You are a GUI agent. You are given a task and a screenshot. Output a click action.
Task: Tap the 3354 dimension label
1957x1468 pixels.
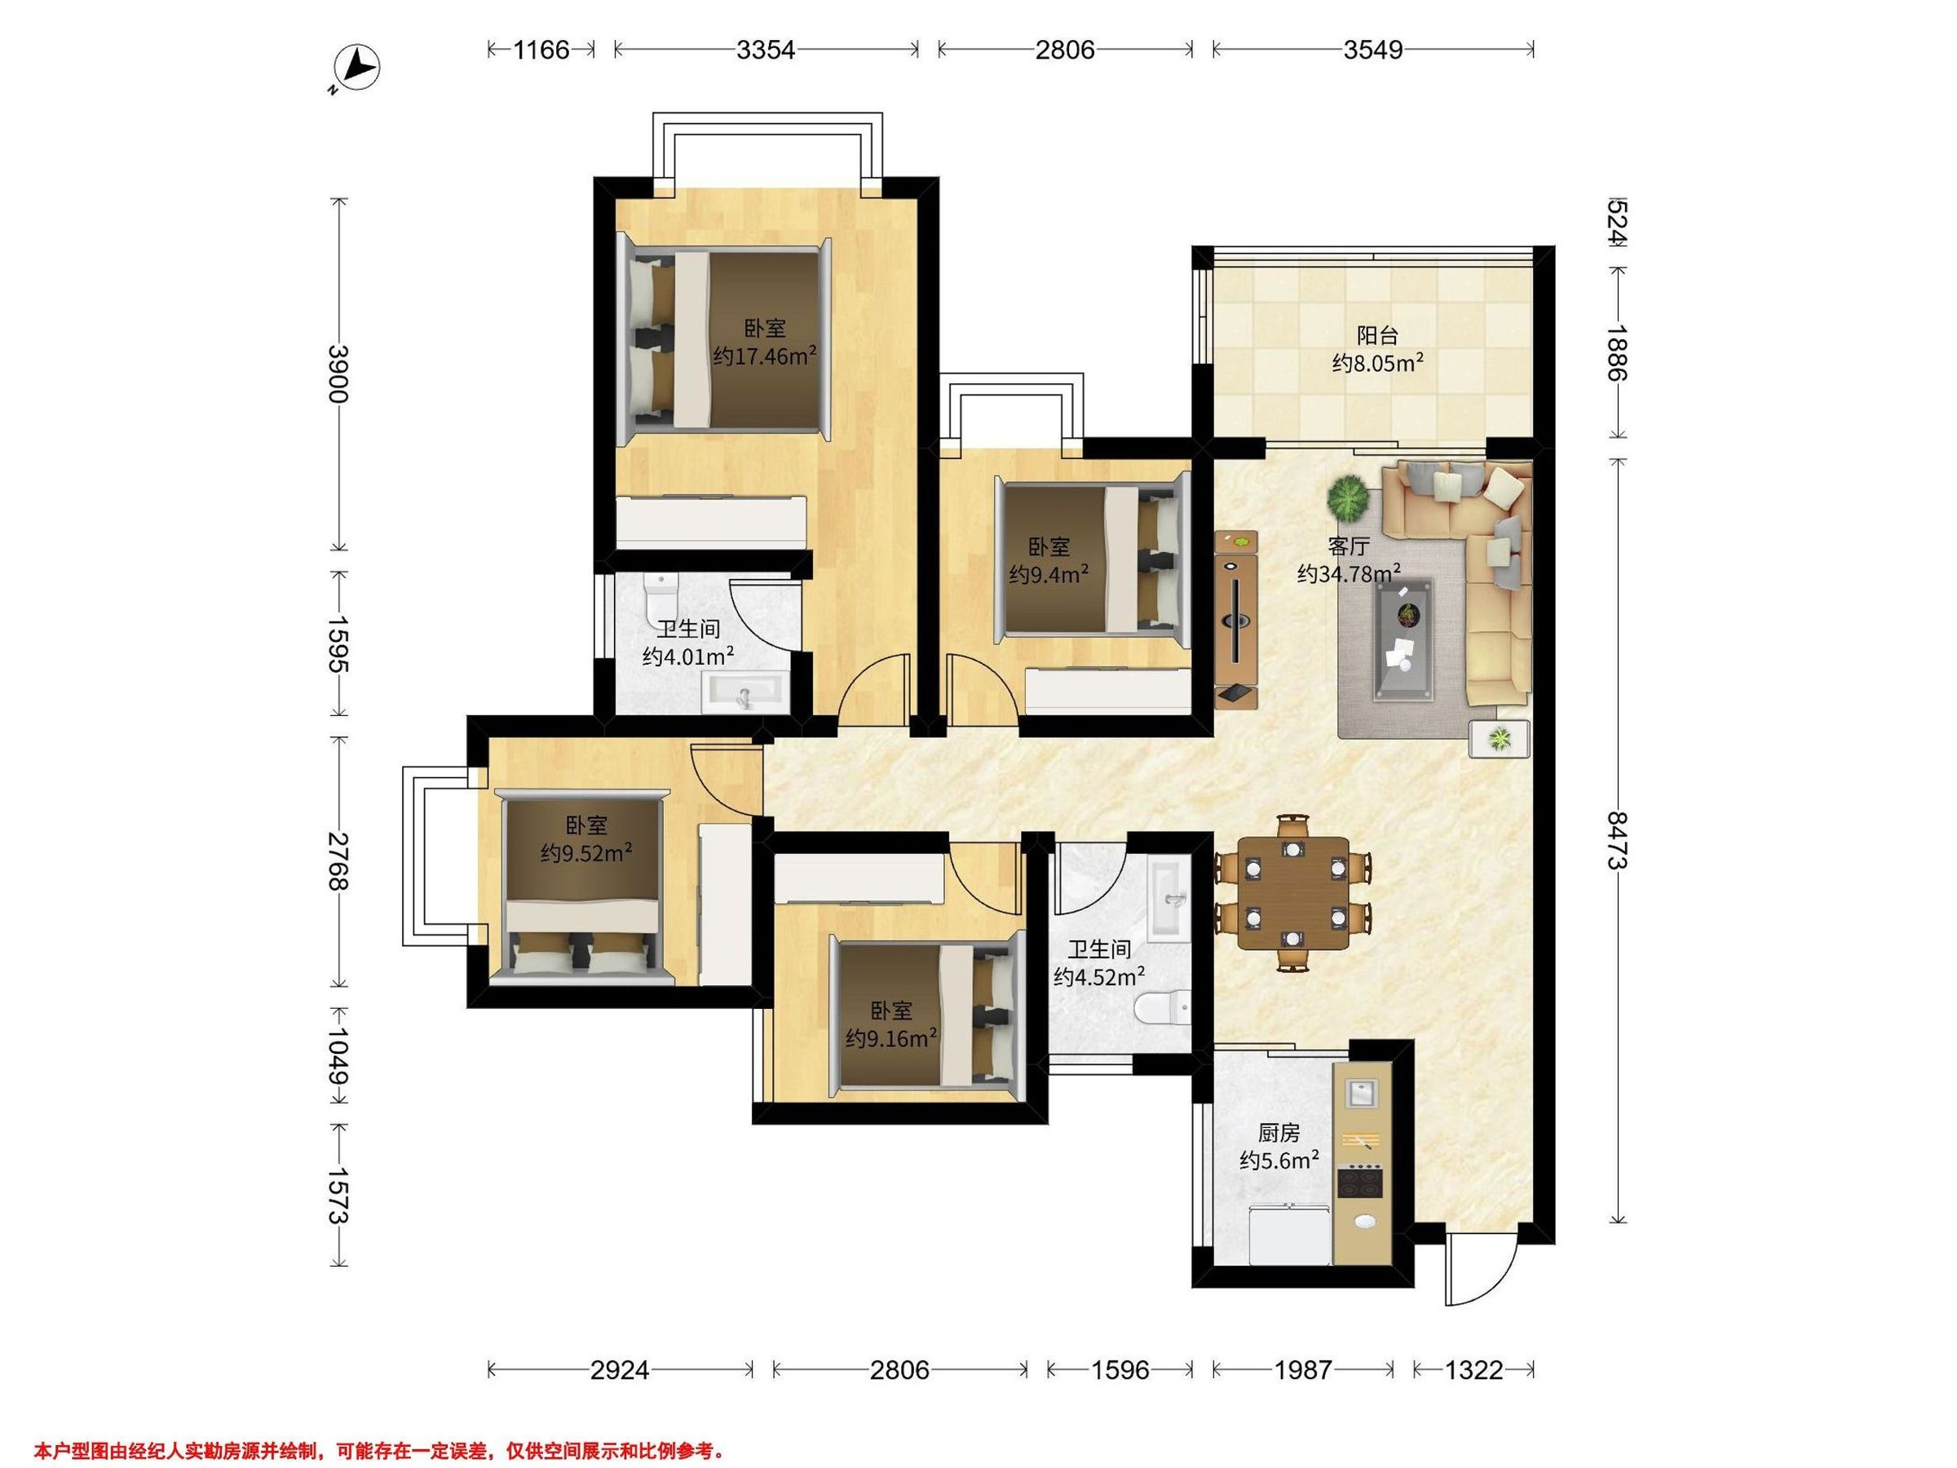(766, 50)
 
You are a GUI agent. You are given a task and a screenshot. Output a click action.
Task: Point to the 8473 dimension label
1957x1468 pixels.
(1618, 840)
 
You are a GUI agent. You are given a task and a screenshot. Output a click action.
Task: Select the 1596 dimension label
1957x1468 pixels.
(1120, 1371)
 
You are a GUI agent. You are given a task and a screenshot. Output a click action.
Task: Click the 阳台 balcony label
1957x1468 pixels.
(1377, 336)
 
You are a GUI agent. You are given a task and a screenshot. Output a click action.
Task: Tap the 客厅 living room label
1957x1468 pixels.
(1350, 547)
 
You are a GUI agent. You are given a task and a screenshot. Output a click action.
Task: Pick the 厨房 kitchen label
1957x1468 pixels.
(1279, 1134)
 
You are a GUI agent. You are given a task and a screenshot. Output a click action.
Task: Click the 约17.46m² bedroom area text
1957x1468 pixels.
(764, 356)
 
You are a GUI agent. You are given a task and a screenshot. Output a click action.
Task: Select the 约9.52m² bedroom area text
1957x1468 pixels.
(586, 852)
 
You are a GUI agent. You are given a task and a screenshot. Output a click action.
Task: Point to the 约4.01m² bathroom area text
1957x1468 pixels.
(687, 656)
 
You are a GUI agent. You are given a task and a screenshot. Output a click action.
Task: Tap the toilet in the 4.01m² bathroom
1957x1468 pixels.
(660, 590)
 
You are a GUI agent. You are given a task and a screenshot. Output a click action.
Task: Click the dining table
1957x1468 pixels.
(1292, 893)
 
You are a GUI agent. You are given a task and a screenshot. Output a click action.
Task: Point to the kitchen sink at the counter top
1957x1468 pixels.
(1361, 1094)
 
